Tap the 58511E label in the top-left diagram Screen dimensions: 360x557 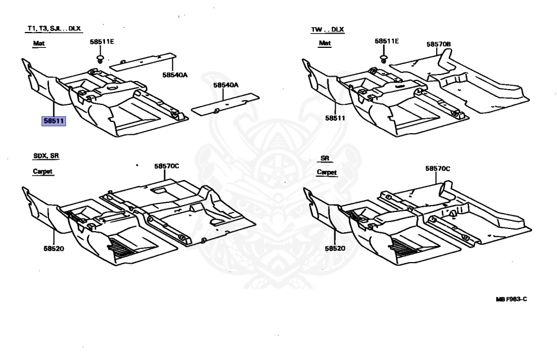(102, 41)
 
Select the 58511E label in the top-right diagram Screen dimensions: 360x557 (387, 41)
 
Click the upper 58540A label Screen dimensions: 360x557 (174, 75)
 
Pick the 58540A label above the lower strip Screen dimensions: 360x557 (226, 85)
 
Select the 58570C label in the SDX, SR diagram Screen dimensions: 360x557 (166, 166)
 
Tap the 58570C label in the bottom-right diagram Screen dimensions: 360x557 (438, 169)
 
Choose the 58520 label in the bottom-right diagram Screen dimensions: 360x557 (336, 248)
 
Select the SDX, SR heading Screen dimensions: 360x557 (46, 156)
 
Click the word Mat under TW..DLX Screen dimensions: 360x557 (325, 43)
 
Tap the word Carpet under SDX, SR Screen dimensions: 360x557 (43, 171)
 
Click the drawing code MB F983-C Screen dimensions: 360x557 (511, 299)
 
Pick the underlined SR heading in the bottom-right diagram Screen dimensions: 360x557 (325, 158)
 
